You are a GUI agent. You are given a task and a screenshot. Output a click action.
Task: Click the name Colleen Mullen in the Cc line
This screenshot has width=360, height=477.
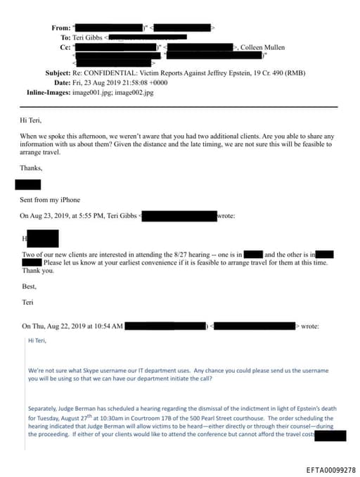(x=263, y=47)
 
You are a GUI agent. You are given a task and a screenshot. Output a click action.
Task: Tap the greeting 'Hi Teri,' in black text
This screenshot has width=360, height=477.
(x=30, y=120)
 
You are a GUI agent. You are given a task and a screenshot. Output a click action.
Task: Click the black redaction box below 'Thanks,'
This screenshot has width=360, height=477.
(x=27, y=184)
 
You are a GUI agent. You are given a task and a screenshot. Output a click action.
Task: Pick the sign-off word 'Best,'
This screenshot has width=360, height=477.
(x=30, y=286)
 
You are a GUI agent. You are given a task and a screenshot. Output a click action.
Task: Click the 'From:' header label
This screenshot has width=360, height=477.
(x=60, y=27)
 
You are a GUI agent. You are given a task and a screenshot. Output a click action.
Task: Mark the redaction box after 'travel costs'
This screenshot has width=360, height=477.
(x=330, y=435)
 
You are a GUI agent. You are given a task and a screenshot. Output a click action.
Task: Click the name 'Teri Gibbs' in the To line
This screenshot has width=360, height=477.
(x=87, y=37)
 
